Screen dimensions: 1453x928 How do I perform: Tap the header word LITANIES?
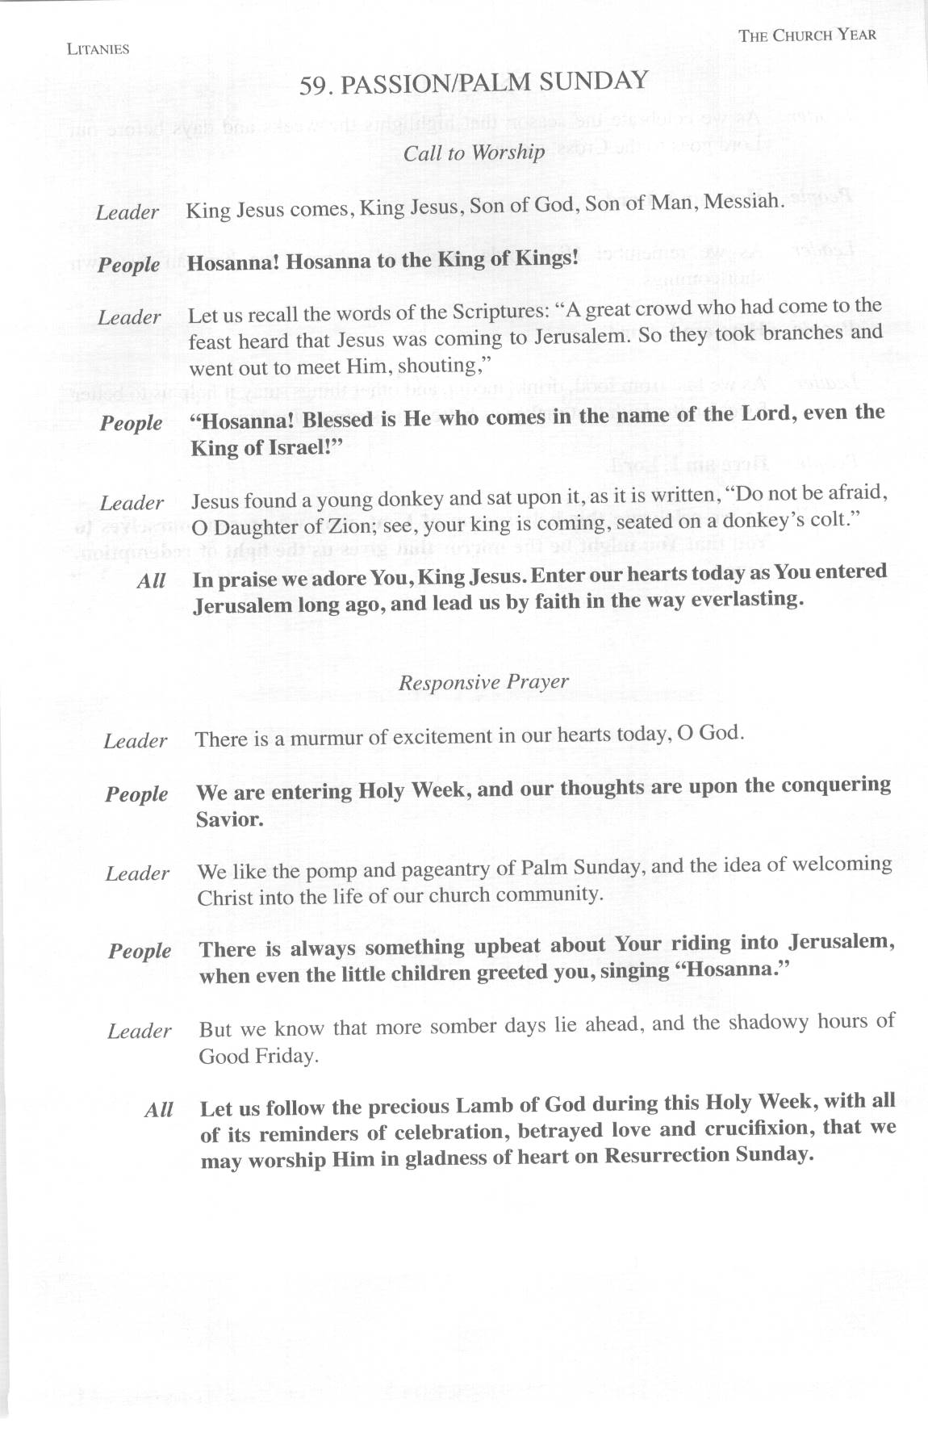point(98,49)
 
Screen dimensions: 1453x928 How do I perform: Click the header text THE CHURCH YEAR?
point(807,35)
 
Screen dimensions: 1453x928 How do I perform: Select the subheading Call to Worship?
point(474,153)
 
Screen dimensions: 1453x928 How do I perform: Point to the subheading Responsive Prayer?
point(483,683)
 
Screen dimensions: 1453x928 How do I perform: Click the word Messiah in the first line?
point(743,201)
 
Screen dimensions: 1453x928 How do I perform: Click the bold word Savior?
point(229,820)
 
